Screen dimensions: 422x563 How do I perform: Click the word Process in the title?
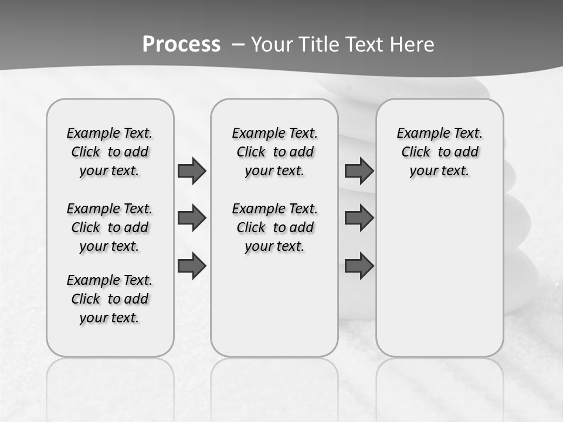tap(181, 44)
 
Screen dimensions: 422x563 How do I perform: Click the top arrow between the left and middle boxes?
tap(192, 171)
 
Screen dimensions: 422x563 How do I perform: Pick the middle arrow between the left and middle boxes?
tap(192, 218)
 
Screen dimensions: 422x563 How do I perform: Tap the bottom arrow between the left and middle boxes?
tap(192, 266)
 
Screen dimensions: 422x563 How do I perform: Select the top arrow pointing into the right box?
tap(359, 171)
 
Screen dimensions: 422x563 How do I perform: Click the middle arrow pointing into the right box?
tap(359, 218)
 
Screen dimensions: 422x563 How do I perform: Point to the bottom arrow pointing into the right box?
tap(359, 266)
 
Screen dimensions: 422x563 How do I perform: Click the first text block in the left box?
tap(110, 152)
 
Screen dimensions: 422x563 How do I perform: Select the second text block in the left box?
tap(110, 227)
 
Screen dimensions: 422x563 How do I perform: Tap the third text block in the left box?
tap(110, 299)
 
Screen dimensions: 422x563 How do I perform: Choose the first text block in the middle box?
tap(274, 152)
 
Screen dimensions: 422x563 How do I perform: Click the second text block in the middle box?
tap(274, 227)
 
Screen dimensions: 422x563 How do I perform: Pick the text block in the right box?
tap(439, 152)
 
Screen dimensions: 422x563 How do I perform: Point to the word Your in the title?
tap(272, 45)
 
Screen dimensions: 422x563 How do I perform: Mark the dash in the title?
tap(238, 45)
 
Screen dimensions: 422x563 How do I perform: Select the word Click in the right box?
tap(416, 152)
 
